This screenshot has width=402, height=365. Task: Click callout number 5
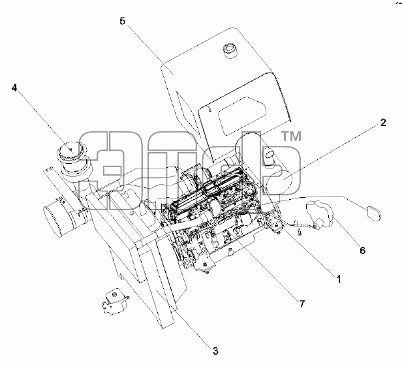[x=123, y=21]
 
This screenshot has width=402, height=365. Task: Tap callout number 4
[x=14, y=88]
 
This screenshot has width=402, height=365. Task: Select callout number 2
[x=383, y=122]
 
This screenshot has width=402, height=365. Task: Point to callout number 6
[x=362, y=250]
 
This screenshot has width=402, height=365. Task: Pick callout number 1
[x=339, y=279]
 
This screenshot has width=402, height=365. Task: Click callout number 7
[x=302, y=304]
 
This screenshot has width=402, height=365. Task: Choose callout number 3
[x=215, y=351]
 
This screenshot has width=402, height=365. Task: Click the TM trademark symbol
[x=292, y=136]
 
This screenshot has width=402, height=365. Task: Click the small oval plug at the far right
[x=374, y=212]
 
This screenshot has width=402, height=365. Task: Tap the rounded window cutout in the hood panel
[x=241, y=116]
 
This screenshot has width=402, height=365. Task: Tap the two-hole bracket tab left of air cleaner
[x=50, y=171]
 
